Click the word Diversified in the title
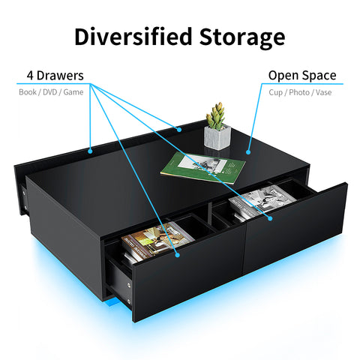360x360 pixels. point(133,37)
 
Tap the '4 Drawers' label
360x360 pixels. point(55,76)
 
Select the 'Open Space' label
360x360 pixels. point(302,76)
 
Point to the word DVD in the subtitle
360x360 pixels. point(49,92)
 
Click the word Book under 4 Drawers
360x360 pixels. point(28,92)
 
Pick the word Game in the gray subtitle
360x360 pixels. point(73,92)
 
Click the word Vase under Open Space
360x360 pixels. point(323,92)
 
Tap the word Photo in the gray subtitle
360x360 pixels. point(299,92)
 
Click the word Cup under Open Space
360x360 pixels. point(276,93)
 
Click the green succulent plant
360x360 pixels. point(215,115)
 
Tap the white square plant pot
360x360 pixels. point(217,137)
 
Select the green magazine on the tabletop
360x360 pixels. point(202,167)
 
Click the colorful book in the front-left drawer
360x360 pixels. point(157,240)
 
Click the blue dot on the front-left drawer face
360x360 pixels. point(178,255)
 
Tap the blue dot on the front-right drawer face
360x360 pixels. point(270,218)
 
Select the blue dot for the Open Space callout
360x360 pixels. point(248,151)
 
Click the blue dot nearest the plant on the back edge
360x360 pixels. point(179,130)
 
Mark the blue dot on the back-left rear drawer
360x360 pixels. point(90,151)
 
